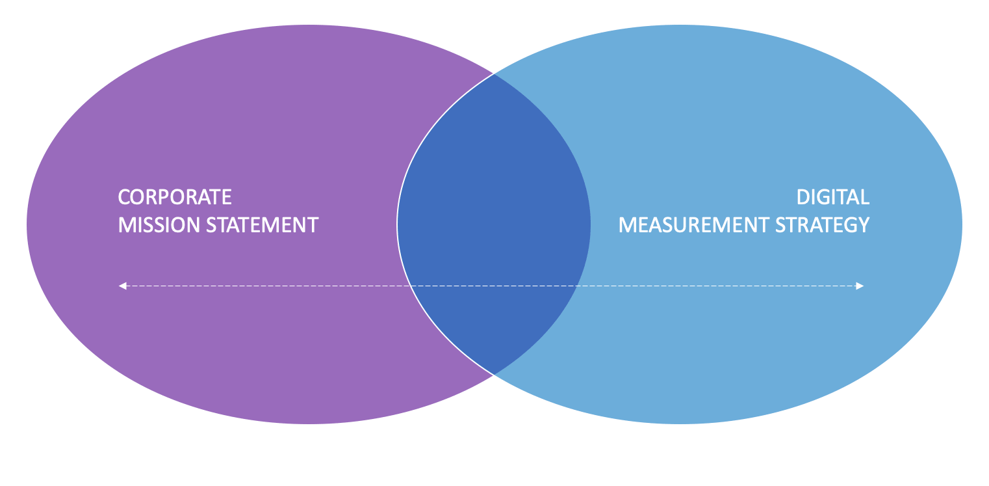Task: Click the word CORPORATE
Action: click(175, 197)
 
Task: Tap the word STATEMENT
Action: click(263, 225)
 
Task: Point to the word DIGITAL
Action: click(833, 197)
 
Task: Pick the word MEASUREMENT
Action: click(694, 225)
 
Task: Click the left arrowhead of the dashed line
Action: click(122, 286)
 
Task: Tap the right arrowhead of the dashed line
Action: click(860, 286)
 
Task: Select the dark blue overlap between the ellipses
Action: click(494, 224)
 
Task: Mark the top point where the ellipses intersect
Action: click(494, 74)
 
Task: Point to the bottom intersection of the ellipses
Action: click(494, 375)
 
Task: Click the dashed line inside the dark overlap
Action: click(494, 286)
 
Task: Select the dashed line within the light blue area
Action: click(717, 286)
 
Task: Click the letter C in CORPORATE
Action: click(124, 197)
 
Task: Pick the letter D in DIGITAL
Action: click(803, 197)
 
